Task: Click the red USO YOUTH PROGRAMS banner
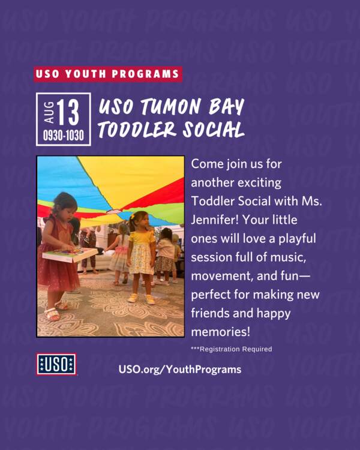pos(108,74)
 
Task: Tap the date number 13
pos(68,112)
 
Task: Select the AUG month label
pos(49,112)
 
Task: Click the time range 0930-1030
pos(64,135)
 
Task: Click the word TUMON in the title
pos(170,106)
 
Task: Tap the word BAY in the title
pos(226,106)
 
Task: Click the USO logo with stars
pos(56,364)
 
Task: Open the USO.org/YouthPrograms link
pos(180,370)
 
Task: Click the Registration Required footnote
pos(232,349)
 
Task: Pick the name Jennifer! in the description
pos(215,220)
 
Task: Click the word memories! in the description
pos(220,332)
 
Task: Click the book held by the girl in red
pos(70,254)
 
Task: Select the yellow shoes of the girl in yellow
pos(141,299)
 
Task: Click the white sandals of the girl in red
pos(56,310)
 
